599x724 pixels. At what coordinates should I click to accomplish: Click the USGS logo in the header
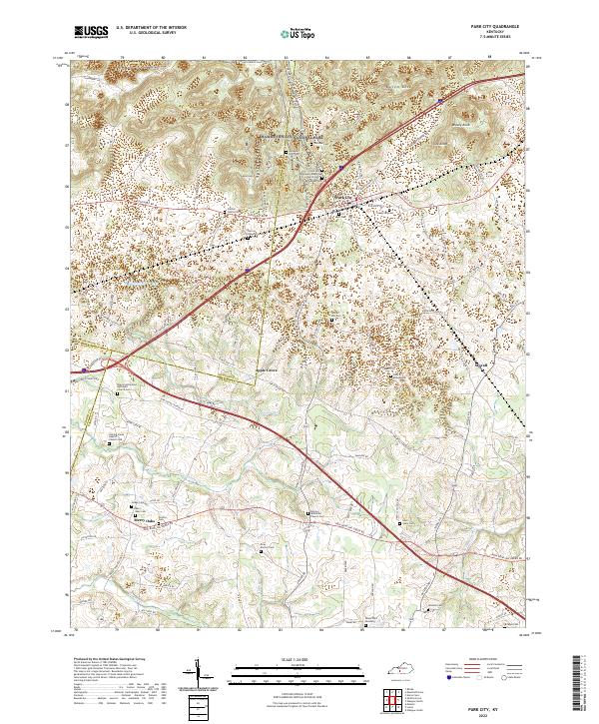coord(91,33)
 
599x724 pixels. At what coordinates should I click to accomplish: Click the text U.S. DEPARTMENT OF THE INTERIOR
coord(150,29)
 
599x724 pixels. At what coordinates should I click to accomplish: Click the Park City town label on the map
coord(342,197)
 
